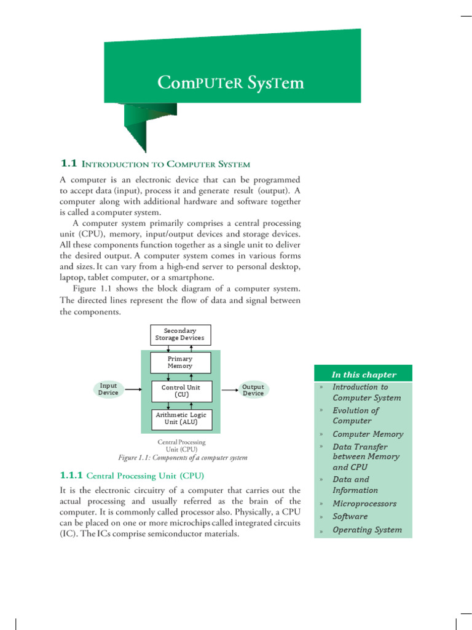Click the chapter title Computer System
click(230, 82)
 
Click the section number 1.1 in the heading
click(68, 164)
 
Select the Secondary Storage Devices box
click(180, 335)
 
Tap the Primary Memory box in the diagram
click(180, 362)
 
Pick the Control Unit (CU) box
click(181, 391)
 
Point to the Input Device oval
click(108, 389)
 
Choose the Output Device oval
click(253, 390)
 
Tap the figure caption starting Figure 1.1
click(183, 458)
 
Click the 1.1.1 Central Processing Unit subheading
click(132, 476)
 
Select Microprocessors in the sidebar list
click(364, 503)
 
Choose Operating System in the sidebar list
click(367, 529)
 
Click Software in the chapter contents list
click(350, 516)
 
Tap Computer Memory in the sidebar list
click(368, 434)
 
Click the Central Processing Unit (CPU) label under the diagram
click(181, 445)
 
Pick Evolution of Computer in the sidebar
click(355, 415)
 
